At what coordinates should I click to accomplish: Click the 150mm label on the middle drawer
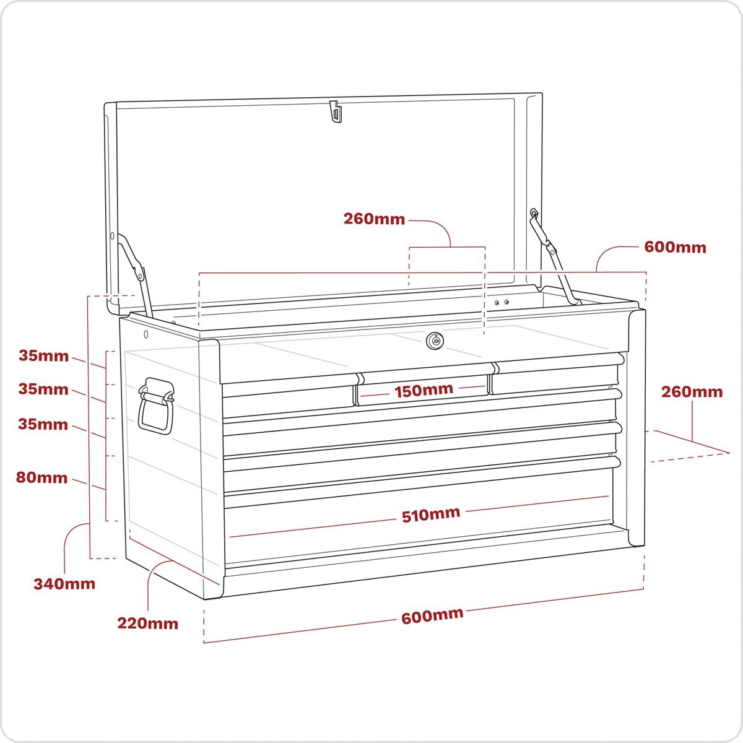(424, 390)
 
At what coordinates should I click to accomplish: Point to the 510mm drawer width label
(431, 513)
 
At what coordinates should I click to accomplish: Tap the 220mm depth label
(148, 623)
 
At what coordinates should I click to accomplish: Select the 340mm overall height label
(64, 583)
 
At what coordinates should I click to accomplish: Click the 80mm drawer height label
(43, 477)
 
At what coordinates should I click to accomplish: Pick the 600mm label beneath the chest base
(432, 616)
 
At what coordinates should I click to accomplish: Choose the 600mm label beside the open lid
(675, 247)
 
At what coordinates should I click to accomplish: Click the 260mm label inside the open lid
(375, 219)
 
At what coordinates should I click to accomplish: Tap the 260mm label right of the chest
(692, 391)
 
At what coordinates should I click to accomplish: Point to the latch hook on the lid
(336, 113)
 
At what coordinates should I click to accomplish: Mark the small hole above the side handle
(146, 334)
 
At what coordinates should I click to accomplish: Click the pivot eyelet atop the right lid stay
(533, 213)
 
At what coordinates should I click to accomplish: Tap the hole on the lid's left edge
(112, 235)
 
